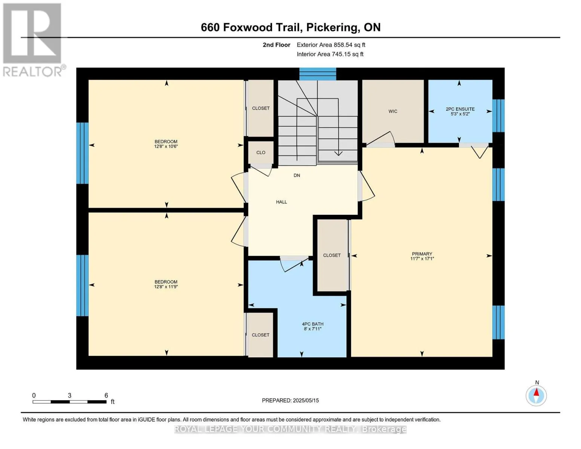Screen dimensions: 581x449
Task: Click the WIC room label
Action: (x=393, y=111)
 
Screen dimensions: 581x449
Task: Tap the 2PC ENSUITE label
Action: (x=460, y=109)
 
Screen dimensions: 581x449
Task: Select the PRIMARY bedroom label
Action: (x=422, y=254)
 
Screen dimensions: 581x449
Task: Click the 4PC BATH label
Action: (x=312, y=324)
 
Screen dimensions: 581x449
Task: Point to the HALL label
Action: (x=282, y=202)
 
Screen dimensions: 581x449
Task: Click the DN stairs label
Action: (x=297, y=175)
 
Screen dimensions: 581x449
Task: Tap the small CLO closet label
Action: (x=261, y=152)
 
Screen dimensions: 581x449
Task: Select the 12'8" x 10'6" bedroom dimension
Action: (x=166, y=146)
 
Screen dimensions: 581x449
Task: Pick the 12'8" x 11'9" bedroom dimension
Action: (x=166, y=287)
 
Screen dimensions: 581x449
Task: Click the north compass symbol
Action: (x=536, y=395)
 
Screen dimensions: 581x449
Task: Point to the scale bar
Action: (x=70, y=401)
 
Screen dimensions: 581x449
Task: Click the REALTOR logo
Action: (x=33, y=40)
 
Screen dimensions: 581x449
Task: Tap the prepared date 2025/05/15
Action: (x=306, y=400)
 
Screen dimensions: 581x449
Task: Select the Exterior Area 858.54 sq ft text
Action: (x=331, y=45)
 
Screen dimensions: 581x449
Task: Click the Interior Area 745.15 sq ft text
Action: (x=330, y=54)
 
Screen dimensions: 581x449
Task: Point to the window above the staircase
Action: (x=318, y=74)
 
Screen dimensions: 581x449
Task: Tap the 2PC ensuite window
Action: (x=498, y=116)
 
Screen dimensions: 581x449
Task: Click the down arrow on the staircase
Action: (x=339, y=127)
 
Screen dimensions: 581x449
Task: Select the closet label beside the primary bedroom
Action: (x=332, y=256)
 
